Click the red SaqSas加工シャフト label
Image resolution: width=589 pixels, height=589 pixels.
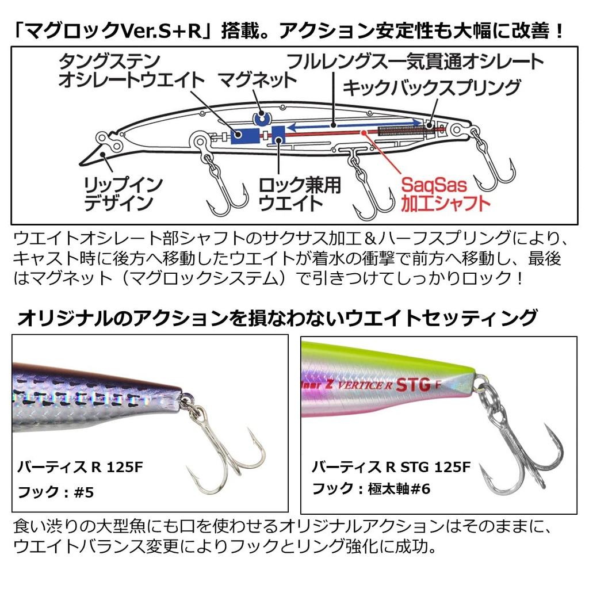click(446, 194)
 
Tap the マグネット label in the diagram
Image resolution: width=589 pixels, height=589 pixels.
click(257, 80)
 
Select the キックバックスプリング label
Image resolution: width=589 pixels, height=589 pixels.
click(431, 87)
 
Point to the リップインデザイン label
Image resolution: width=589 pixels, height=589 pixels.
click(123, 194)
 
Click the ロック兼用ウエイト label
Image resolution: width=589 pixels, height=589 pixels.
click(299, 194)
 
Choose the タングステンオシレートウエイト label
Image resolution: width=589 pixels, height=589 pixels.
click(132, 71)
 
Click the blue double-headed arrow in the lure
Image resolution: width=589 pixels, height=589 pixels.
click(354, 125)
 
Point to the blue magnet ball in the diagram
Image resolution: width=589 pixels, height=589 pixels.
click(262, 118)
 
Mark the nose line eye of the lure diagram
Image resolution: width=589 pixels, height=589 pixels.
click(102, 137)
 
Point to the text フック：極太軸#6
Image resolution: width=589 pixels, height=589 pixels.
click(371, 489)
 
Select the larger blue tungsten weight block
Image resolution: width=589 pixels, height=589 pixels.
click(245, 136)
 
